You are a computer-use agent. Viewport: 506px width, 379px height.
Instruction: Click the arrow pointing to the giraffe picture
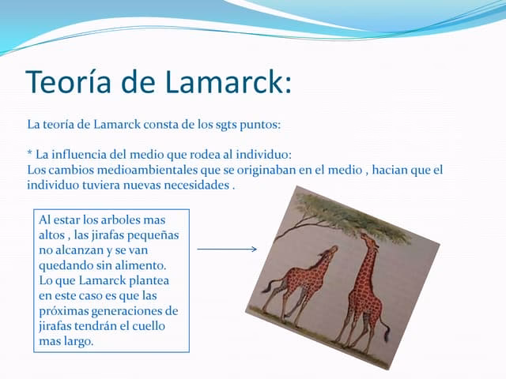227,250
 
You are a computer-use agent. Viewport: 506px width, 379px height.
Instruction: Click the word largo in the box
76,342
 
